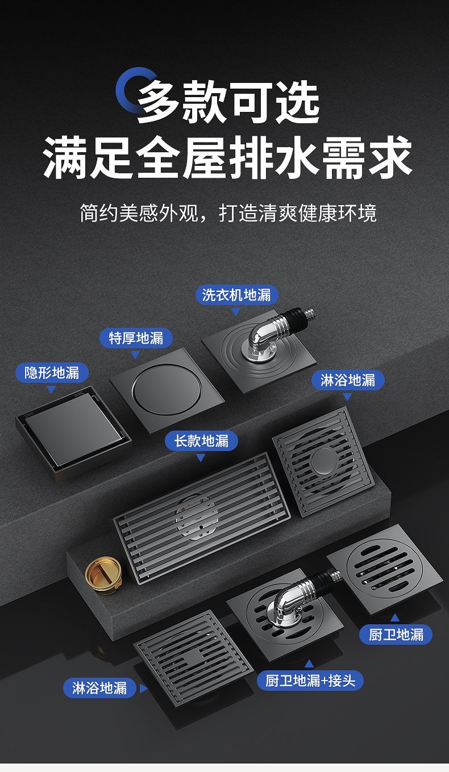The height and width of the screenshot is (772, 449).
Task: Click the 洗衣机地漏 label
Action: [236, 295]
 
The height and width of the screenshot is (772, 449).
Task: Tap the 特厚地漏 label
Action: [136, 338]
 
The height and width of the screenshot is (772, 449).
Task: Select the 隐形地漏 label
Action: [52, 373]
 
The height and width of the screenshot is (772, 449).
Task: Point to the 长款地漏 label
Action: [201, 441]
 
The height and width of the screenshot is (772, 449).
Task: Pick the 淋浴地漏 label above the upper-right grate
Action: [348, 380]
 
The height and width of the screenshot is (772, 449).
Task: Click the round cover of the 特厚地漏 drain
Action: [166, 390]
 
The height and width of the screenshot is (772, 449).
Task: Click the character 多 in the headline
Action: [159, 102]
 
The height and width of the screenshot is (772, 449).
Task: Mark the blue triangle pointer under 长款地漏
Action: [201, 458]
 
